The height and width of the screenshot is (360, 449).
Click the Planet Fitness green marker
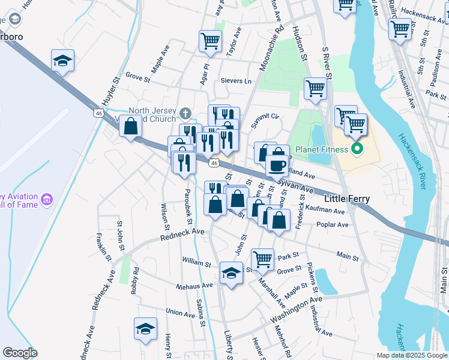(358, 149)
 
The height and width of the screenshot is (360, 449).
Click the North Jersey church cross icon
(186, 113)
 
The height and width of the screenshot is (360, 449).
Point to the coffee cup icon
(277, 164)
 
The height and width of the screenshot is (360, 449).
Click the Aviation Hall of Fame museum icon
(47, 198)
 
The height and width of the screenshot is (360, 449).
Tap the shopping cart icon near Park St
(262, 259)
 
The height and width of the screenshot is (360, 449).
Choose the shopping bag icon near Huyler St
(130, 126)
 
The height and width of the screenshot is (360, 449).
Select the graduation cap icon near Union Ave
(145, 328)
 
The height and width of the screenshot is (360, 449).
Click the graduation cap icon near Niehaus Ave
(230, 273)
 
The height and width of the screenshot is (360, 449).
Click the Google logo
(20, 353)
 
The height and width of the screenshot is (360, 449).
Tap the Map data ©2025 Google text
(412, 355)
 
